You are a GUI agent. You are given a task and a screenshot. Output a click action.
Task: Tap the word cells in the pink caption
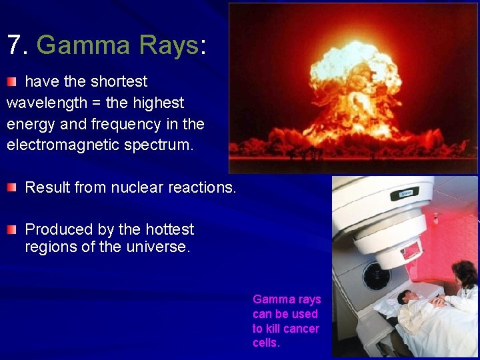[266, 343]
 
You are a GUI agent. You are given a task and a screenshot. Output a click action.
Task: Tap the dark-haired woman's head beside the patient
[464, 273]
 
